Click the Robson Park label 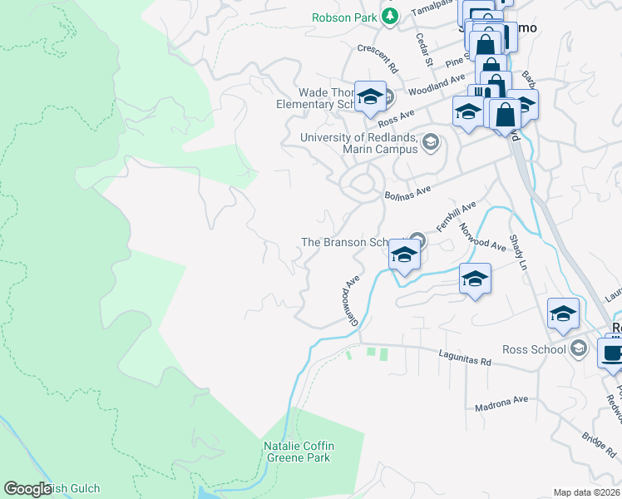click(343, 17)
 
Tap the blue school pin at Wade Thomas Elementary click(370, 98)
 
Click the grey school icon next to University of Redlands click(430, 142)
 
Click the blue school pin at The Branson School click(404, 254)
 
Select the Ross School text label click(534, 348)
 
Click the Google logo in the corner click(28, 489)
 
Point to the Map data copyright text click(586, 492)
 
